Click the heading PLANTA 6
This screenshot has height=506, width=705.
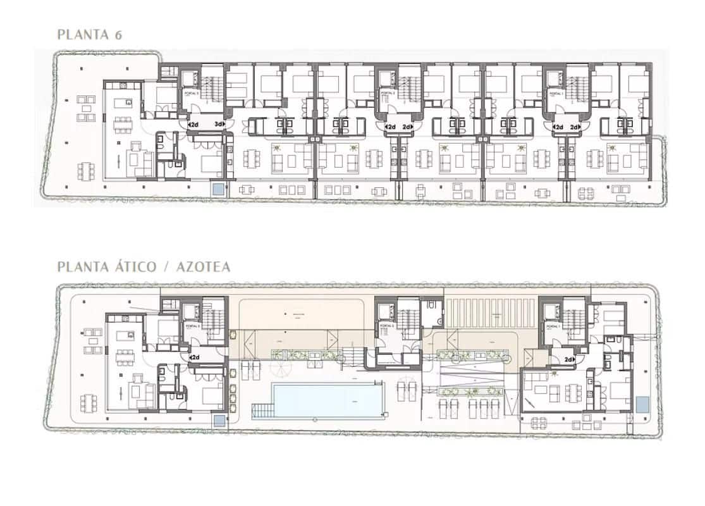(x=89, y=34)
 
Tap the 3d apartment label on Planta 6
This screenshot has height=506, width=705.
(x=219, y=124)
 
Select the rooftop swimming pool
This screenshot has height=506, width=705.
(x=328, y=400)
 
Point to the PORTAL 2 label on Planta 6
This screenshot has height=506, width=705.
(x=388, y=92)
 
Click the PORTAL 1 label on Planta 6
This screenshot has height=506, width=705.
(x=556, y=92)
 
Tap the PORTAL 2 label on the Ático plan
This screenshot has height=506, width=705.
(x=388, y=326)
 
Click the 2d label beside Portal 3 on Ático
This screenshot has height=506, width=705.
(x=195, y=357)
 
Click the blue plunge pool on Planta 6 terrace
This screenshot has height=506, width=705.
(x=218, y=188)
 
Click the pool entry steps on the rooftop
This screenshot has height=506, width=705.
(x=261, y=412)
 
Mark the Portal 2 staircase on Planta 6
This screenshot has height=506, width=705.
(x=406, y=83)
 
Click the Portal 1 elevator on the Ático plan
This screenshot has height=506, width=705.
(x=552, y=311)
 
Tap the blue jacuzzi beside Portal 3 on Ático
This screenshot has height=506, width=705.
(x=219, y=421)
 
